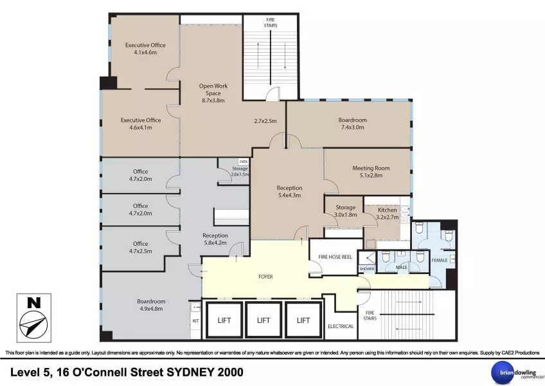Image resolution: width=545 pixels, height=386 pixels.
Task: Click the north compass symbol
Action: [x=33, y=318]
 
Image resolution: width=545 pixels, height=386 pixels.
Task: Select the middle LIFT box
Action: [x=264, y=320]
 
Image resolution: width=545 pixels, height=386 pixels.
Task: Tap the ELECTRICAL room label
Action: [x=341, y=326]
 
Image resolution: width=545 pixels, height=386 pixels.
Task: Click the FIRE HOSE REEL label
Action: [x=335, y=257]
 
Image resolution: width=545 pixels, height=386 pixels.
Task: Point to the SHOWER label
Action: [x=367, y=269]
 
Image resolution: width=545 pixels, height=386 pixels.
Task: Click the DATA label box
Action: [x=244, y=161]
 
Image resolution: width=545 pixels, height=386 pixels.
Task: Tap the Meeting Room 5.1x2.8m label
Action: [x=371, y=172]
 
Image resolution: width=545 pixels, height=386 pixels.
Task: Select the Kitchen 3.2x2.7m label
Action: [x=387, y=214]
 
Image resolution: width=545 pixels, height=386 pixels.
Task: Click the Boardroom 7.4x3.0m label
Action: [x=352, y=124]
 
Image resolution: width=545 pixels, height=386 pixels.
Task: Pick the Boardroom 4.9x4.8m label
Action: [x=151, y=305]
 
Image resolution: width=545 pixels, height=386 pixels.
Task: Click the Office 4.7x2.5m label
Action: [x=140, y=247]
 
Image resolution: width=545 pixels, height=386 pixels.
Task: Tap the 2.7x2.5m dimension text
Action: [x=265, y=121]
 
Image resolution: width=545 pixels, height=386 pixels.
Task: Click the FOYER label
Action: [x=265, y=277]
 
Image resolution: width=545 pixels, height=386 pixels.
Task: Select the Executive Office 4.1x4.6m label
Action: [x=145, y=49]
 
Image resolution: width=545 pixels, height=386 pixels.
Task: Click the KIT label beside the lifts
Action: [x=195, y=321]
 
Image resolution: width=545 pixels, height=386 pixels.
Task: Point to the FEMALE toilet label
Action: [x=440, y=261]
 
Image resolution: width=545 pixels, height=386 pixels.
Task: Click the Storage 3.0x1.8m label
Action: [x=346, y=211]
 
